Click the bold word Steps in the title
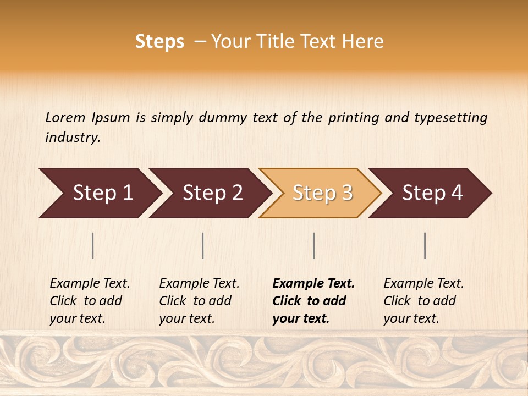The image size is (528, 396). [x=159, y=42]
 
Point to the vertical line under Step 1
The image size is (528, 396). [x=93, y=245]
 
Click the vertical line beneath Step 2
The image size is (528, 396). [x=203, y=245]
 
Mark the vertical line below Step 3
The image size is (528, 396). [x=313, y=245]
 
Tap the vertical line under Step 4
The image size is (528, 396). [x=425, y=245]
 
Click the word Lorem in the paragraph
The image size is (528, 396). [x=65, y=117]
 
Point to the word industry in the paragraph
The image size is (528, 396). [x=72, y=137]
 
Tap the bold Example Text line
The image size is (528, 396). [x=313, y=283]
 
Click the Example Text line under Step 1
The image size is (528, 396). [x=90, y=283]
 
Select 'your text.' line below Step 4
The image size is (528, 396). [x=411, y=318]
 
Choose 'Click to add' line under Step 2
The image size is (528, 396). [x=195, y=301]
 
